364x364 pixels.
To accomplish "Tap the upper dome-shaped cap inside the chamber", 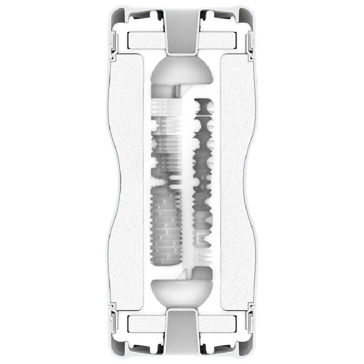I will tap(182, 73).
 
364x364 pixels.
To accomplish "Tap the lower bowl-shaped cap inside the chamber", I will tap(182, 291).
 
